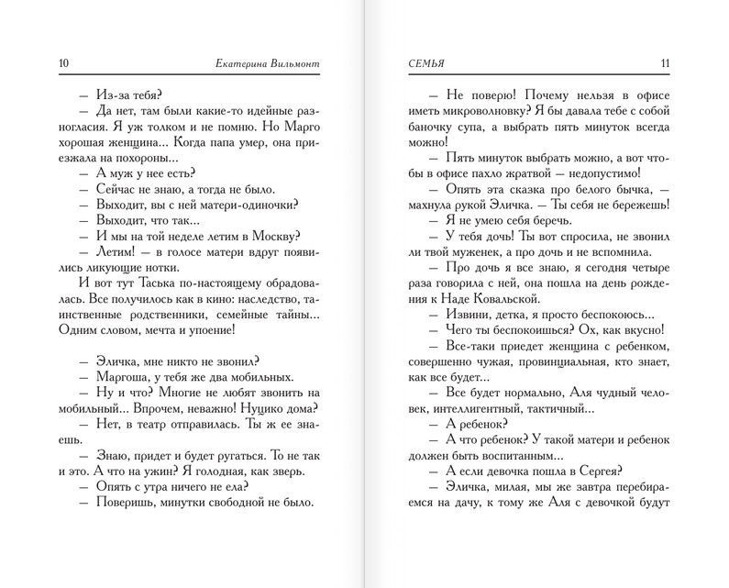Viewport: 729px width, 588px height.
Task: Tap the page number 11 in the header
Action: pyautogui.click(x=666, y=62)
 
